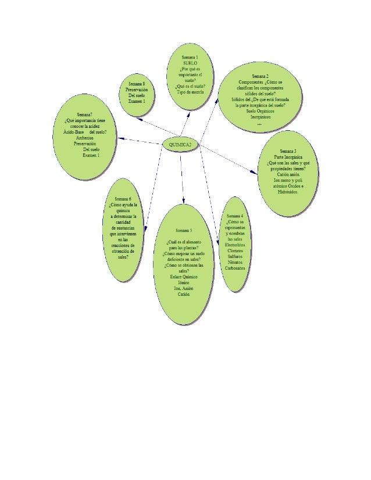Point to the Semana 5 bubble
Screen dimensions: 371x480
tap(184, 264)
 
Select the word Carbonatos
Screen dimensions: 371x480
tap(236, 268)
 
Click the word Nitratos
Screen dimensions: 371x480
tap(236, 262)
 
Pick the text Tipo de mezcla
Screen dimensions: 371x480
tap(190, 92)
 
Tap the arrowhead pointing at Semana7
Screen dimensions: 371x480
tap(120, 138)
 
